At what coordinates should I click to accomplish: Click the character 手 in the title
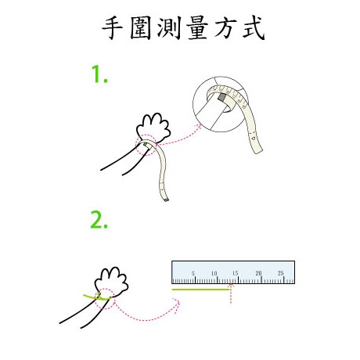(112, 28)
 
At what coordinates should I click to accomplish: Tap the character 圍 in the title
(141, 28)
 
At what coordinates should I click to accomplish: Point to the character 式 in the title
(254, 28)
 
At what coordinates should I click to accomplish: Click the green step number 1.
(99, 74)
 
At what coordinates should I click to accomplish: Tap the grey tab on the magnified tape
(222, 97)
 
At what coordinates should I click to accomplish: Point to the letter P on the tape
(254, 138)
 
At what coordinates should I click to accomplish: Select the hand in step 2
(111, 282)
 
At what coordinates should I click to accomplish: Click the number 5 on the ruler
(193, 273)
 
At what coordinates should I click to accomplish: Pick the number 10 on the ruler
(214, 273)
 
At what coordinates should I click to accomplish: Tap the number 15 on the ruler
(236, 273)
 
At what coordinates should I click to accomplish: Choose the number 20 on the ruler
(258, 273)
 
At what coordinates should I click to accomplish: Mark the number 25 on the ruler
(280, 273)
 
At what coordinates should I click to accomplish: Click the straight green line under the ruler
(200, 290)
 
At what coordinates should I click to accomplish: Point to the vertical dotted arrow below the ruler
(231, 294)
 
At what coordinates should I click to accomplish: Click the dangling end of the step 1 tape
(166, 200)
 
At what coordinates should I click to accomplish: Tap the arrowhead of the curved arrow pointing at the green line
(178, 303)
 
